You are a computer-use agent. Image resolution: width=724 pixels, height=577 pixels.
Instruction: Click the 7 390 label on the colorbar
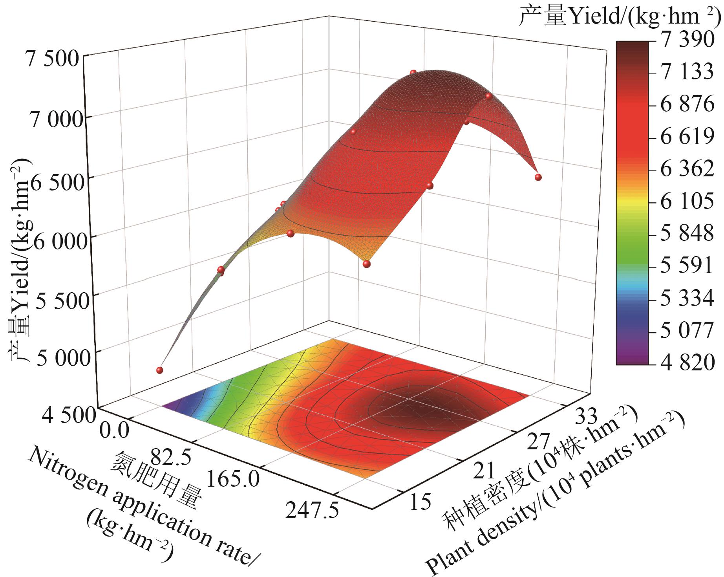[x=686, y=40]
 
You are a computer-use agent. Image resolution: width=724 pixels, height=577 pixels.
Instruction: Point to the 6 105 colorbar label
[x=686, y=202]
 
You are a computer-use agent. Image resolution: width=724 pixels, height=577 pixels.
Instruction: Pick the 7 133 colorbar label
[x=686, y=73]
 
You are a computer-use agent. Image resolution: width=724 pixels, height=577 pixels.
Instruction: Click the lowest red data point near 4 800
[x=159, y=370]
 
